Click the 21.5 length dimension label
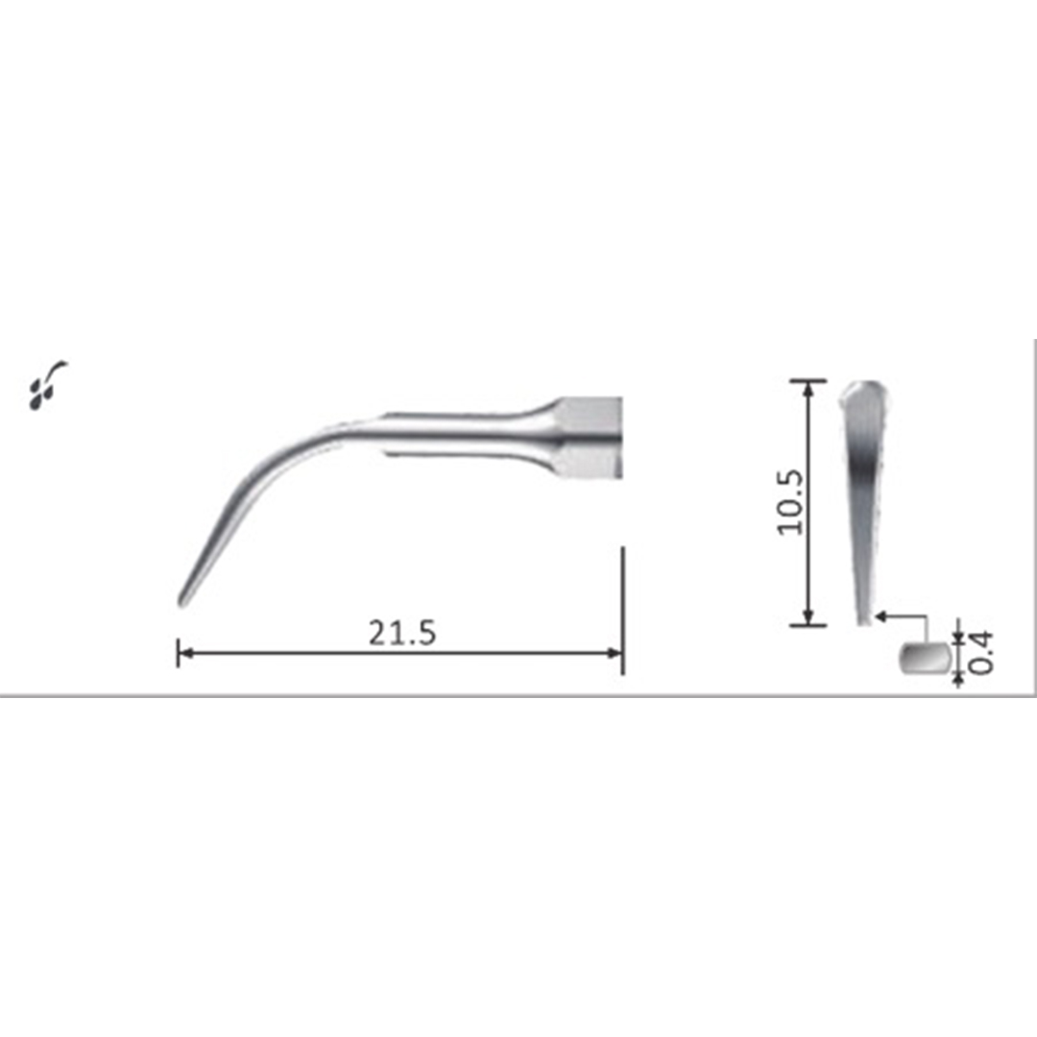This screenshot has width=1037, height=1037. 402,633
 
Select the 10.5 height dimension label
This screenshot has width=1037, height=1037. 790,502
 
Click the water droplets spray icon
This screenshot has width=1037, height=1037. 45,385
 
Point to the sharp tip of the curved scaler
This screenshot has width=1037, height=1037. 182,601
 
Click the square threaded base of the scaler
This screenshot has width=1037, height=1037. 589,440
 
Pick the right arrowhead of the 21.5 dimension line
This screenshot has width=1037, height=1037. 615,653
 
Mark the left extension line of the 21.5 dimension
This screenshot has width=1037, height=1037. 179,652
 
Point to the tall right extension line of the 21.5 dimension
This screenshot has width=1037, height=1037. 622,610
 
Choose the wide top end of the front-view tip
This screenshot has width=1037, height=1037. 863,394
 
